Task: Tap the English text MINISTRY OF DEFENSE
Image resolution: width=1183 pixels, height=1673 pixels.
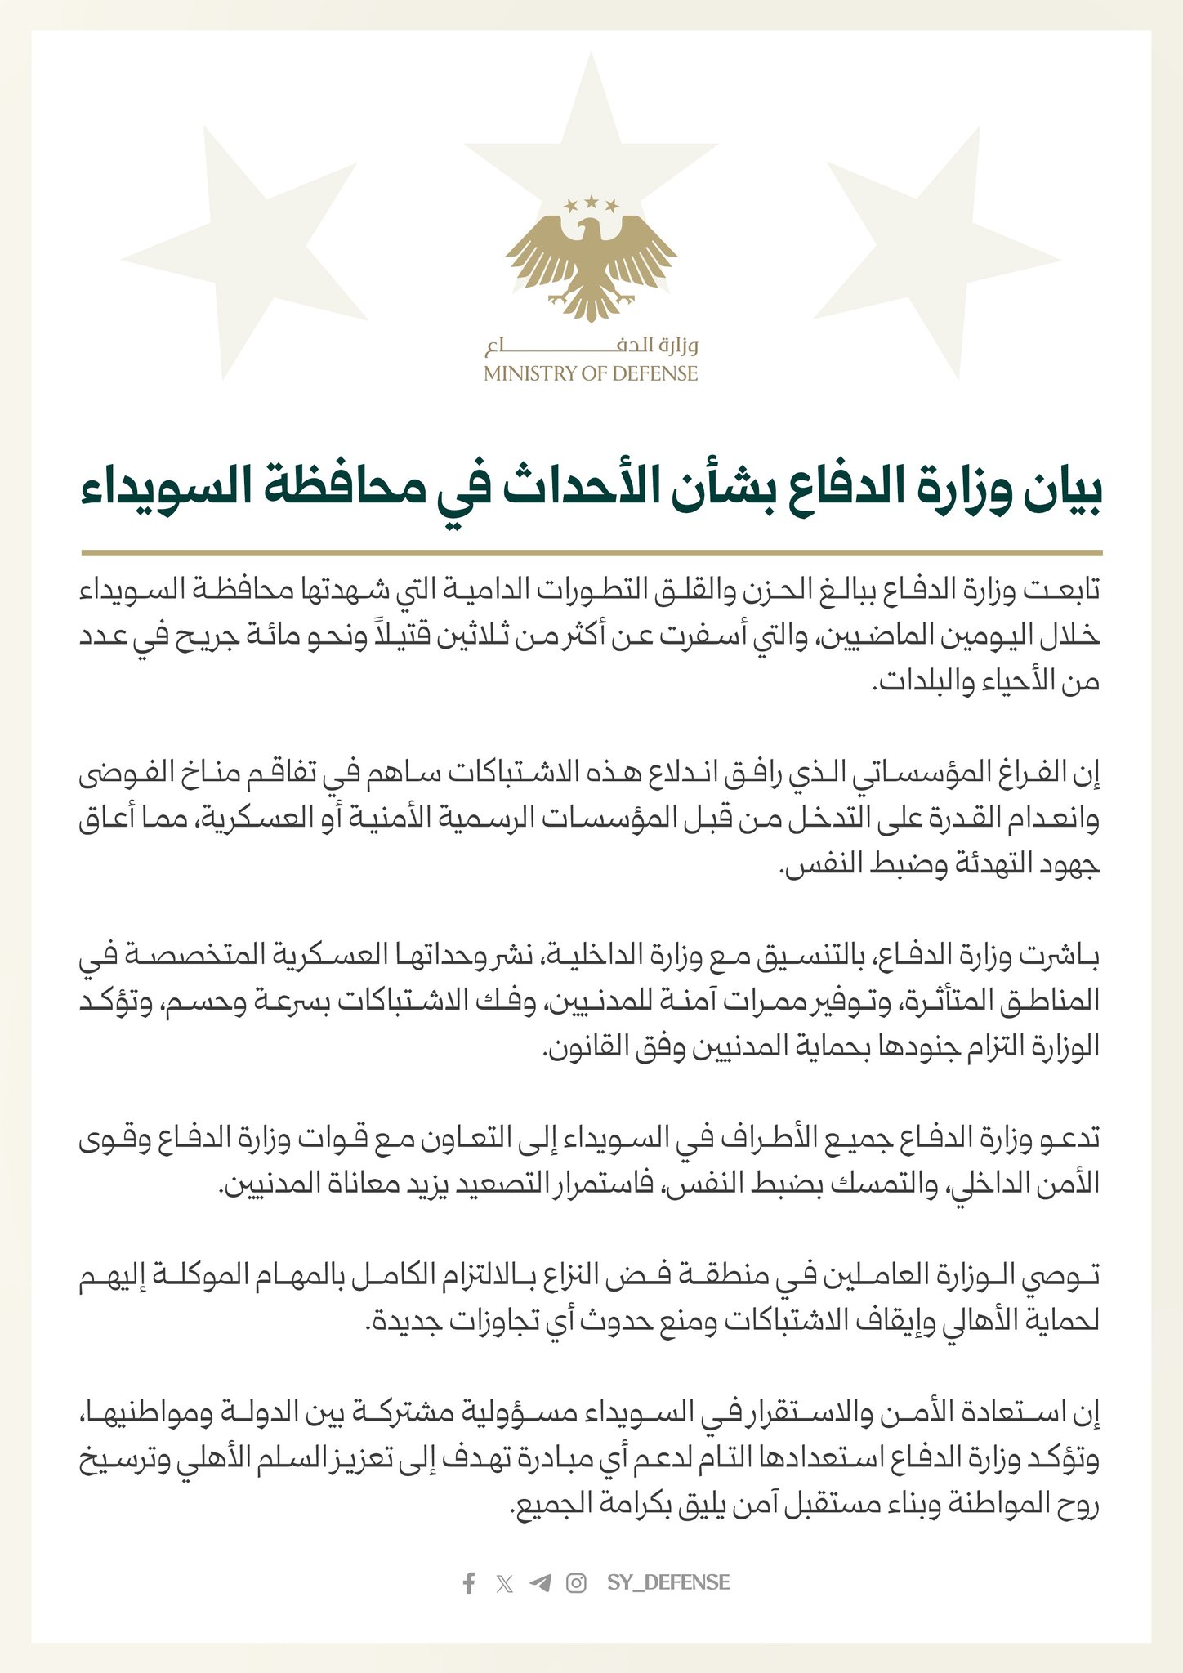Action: point(591,374)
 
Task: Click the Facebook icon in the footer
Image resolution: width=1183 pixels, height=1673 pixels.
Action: point(469,1583)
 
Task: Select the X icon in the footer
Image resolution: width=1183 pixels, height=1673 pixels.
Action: point(504,1583)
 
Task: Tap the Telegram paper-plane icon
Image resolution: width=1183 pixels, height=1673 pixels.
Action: point(540,1583)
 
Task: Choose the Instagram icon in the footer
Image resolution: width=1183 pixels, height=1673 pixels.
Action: point(576,1583)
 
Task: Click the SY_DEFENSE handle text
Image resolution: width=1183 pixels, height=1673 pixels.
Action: point(668,1582)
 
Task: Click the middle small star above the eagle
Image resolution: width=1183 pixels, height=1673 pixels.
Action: point(591,201)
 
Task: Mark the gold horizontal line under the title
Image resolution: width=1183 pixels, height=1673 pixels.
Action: point(591,554)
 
